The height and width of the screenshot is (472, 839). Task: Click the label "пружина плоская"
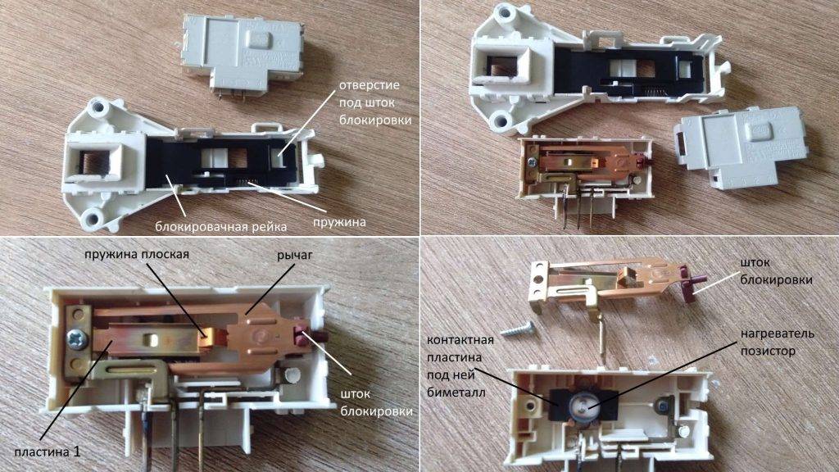(137, 254)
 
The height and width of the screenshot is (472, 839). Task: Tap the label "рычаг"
(294, 256)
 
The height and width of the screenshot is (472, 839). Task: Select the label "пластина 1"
(48, 452)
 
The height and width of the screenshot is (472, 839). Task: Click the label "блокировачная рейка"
(221, 226)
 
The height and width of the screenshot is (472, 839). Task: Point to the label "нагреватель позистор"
(778, 342)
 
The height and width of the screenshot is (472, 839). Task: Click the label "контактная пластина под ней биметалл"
(460, 366)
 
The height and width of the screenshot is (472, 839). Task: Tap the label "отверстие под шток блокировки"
(375, 102)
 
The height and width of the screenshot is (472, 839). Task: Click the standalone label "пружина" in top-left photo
(339, 221)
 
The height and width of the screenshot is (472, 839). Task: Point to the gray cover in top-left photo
(242, 53)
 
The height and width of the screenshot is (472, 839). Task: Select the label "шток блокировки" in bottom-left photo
(376, 402)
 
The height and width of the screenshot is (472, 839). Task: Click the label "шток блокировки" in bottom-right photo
(776, 271)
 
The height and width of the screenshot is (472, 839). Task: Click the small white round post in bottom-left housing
(293, 375)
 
